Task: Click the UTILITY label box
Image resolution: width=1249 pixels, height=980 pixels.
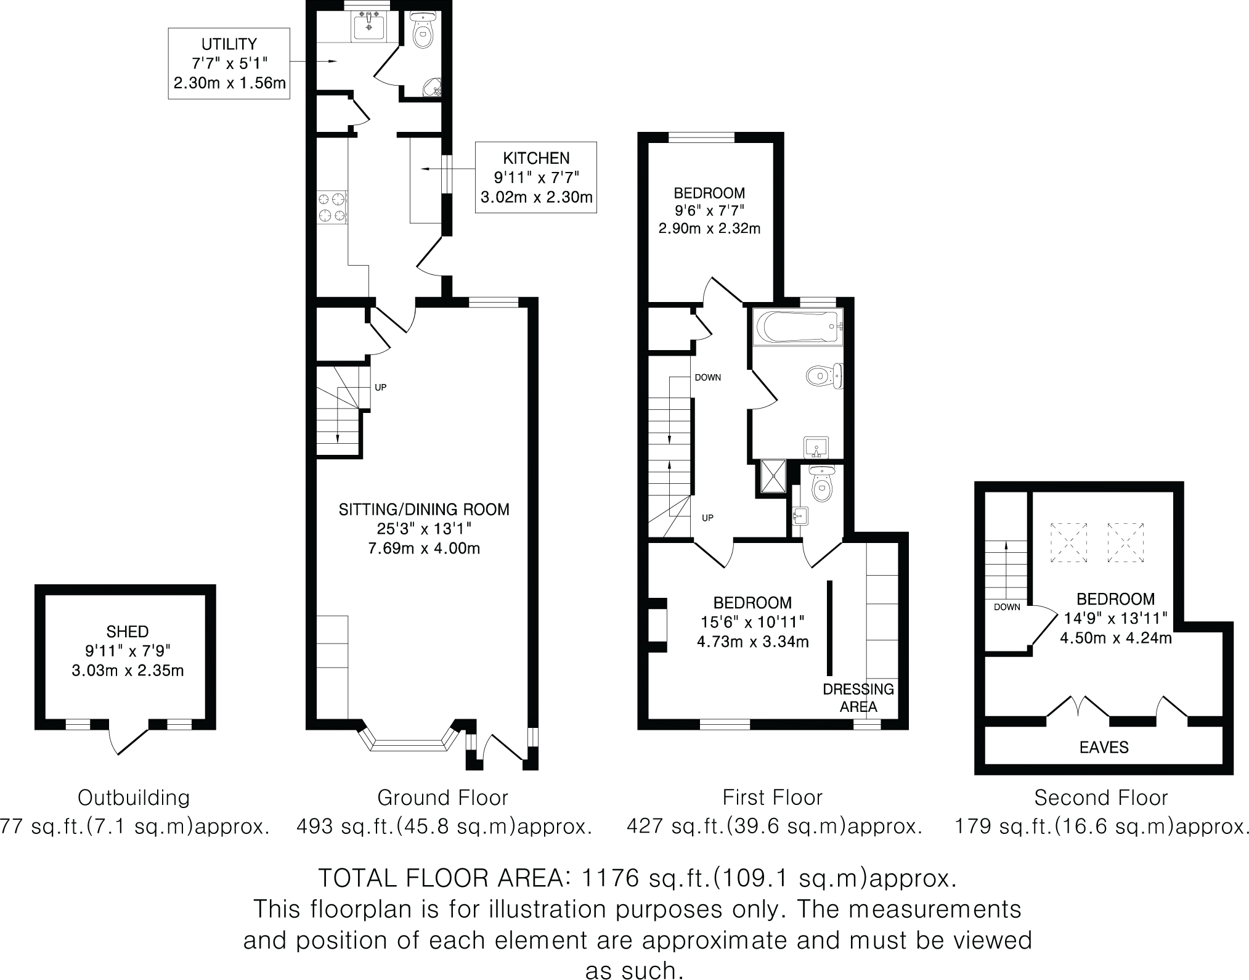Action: pos(229,63)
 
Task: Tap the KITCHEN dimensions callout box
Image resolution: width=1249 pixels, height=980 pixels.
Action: pos(535,178)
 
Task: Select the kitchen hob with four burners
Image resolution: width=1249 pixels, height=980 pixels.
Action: pos(332,208)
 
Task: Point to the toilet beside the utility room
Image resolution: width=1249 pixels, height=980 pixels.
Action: pos(423,31)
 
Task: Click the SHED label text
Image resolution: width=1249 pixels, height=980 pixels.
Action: pos(128,631)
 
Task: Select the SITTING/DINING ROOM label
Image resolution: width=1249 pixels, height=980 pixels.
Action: pos(424,510)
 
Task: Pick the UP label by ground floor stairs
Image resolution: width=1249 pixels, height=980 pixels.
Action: pos(381,388)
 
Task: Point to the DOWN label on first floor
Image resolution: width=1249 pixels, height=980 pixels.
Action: pos(707,378)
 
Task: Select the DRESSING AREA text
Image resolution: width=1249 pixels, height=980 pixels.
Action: pos(858,698)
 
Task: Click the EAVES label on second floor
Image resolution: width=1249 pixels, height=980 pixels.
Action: pos(1104,748)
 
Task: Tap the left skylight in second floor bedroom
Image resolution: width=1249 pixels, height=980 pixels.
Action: pos(1068,542)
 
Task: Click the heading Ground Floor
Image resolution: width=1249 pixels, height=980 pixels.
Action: pos(442,798)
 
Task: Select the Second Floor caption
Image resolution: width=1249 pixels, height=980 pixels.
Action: pos(1101,798)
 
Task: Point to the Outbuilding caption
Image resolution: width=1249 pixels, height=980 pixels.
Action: pos(133,798)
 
